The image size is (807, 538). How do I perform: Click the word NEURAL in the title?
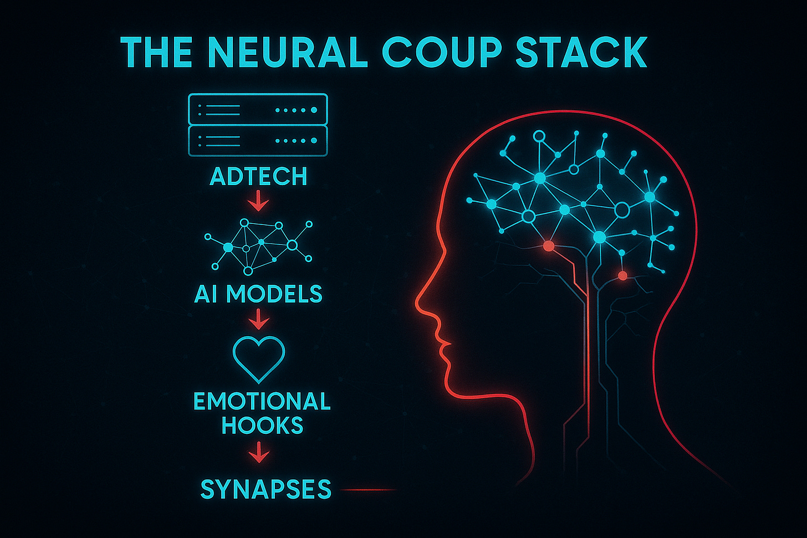point(288,52)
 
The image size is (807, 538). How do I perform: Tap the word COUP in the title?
point(442,52)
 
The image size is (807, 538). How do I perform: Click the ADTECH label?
point(258,176)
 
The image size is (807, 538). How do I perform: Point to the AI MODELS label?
point(258,294)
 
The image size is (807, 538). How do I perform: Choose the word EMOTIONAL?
point(262,401)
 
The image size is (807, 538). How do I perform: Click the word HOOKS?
point(262,426)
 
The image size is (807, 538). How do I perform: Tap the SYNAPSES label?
point(265,489)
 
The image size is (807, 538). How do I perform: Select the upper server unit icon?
point(258,109)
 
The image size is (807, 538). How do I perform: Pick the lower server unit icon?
point(258,141)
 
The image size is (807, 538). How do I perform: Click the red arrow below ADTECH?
point(258,202)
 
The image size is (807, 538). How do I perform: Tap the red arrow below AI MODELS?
point(258,319)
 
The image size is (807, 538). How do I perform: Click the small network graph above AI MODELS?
point(258,247)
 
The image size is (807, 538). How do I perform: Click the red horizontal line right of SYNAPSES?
point(368,490)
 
